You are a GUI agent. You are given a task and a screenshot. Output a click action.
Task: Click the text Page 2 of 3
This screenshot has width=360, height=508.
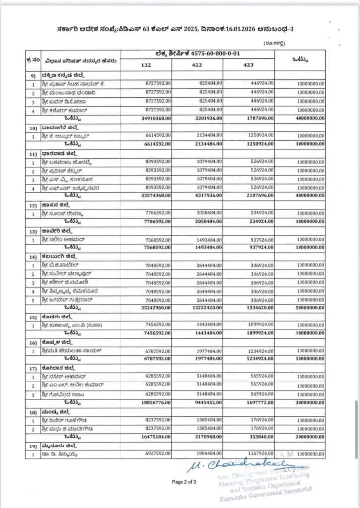[184, 481]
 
